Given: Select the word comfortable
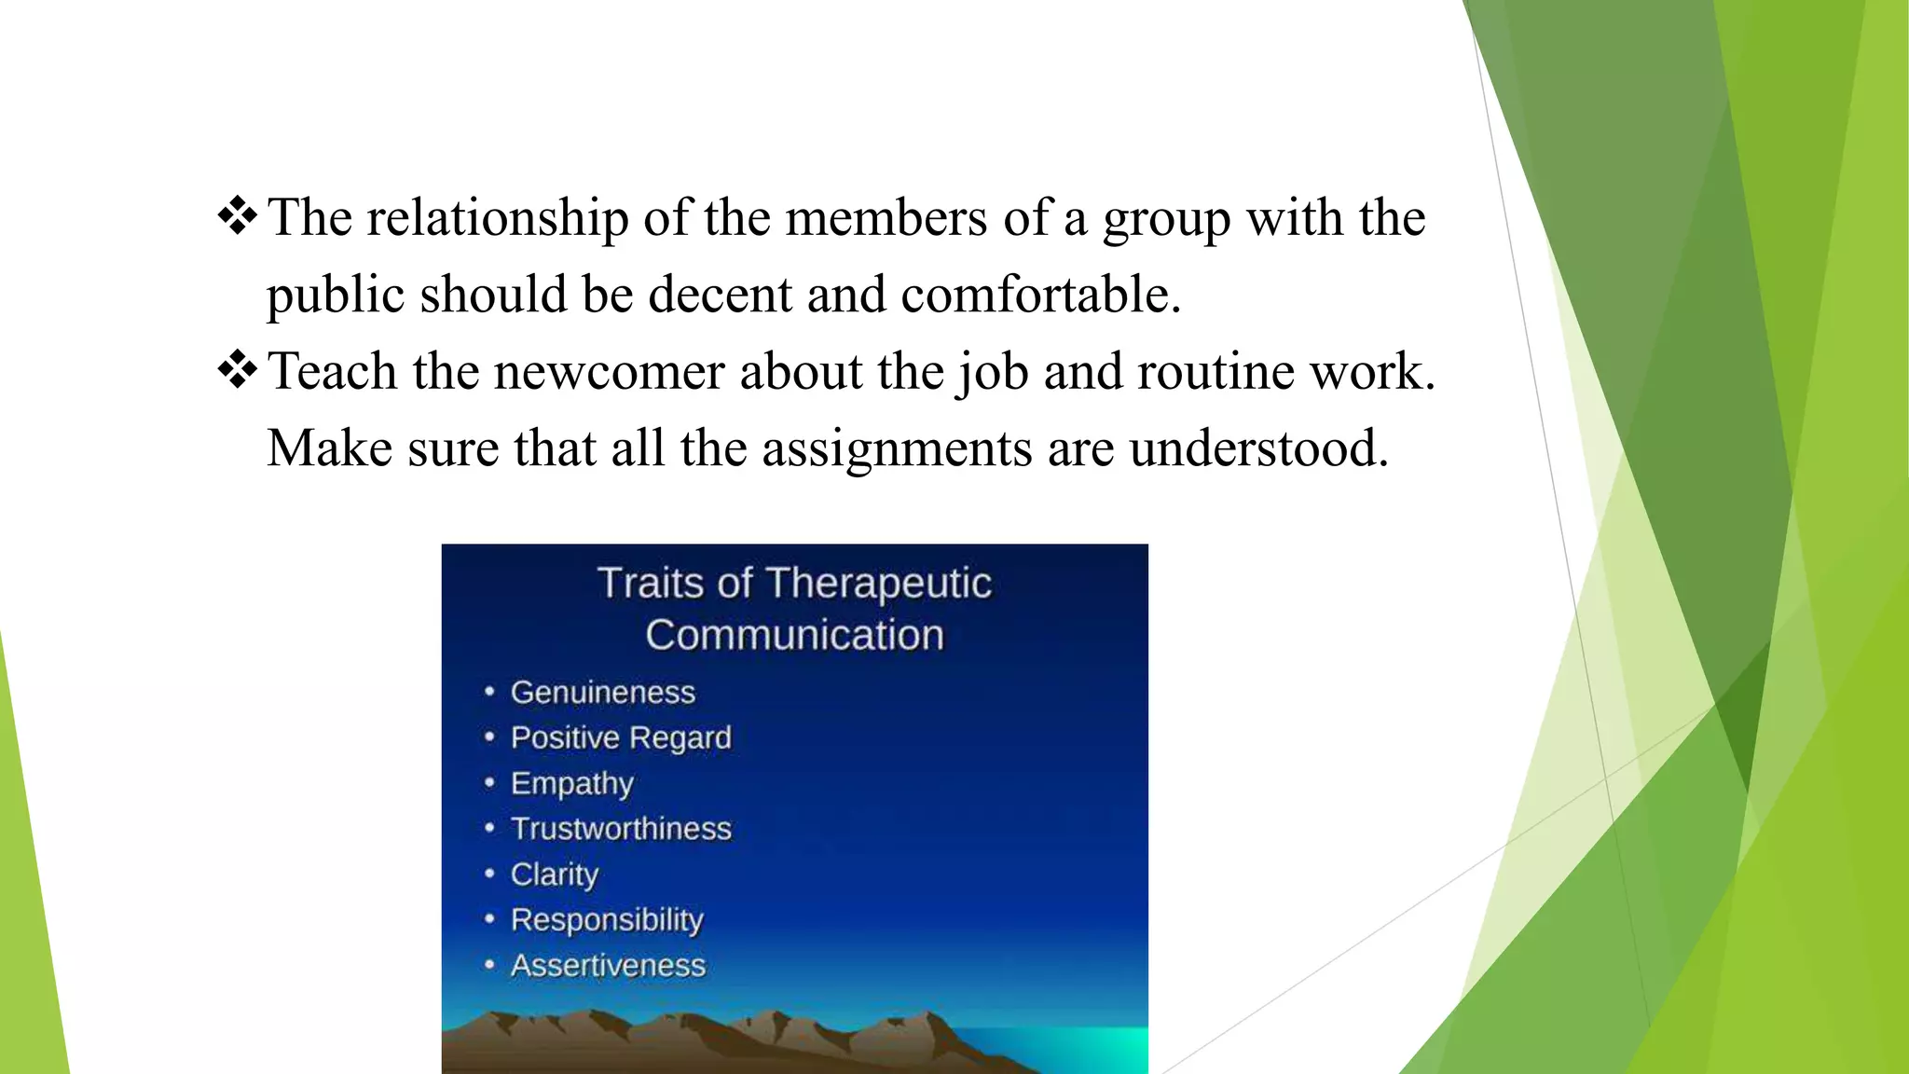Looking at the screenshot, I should pyautogui.click(x=1040, y=296).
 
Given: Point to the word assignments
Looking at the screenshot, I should pyautogui.click(x=897, y=450).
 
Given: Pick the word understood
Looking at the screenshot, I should pyautogui.click(x=1258, y=449).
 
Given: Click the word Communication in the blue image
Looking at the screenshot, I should pyautogui.click(x=794, y=636).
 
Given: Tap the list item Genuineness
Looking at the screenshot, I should pyautogui.click(x=602, y=693).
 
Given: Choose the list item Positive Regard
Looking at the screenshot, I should pyautogui.click(x=621, y=738).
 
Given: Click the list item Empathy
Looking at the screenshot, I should pyautogui.click(x=571, y=784).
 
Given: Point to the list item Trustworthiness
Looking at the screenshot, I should pyautogui.click(x=621, y=829).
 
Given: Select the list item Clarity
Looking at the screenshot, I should pyautogui.click(x=555, y=874).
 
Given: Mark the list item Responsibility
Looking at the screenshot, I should pyautogui.click(x=607, y=920).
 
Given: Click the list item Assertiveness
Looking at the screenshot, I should pyautogui.click(x=608, y=966).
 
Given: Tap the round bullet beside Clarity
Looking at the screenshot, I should pyautogui.click(x=489, y=874).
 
